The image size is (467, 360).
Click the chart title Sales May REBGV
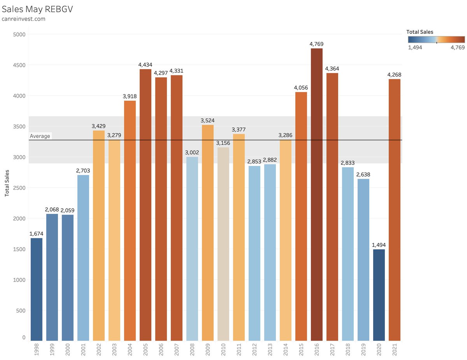(x=37, y=9)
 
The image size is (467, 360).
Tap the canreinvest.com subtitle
(x=23, y=19)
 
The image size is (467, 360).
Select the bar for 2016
(x=316, y=194)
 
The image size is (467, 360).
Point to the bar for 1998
(x=37, y=289)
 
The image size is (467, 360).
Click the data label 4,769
(x=316, y=44)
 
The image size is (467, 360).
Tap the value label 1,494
(x=379, y=245)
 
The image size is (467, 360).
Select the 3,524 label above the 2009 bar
(x=207, y=121)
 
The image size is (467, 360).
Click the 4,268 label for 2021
(x=394, y=75)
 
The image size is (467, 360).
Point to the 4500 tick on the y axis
(x=18, y=65)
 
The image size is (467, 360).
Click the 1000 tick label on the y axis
(x=18, y=280)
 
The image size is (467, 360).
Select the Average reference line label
(x=40, y=136)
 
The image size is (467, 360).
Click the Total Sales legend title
(x=420, y=32)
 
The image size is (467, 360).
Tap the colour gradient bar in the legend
(x=436, y=39)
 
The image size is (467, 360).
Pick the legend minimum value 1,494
(x=415, y=47)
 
